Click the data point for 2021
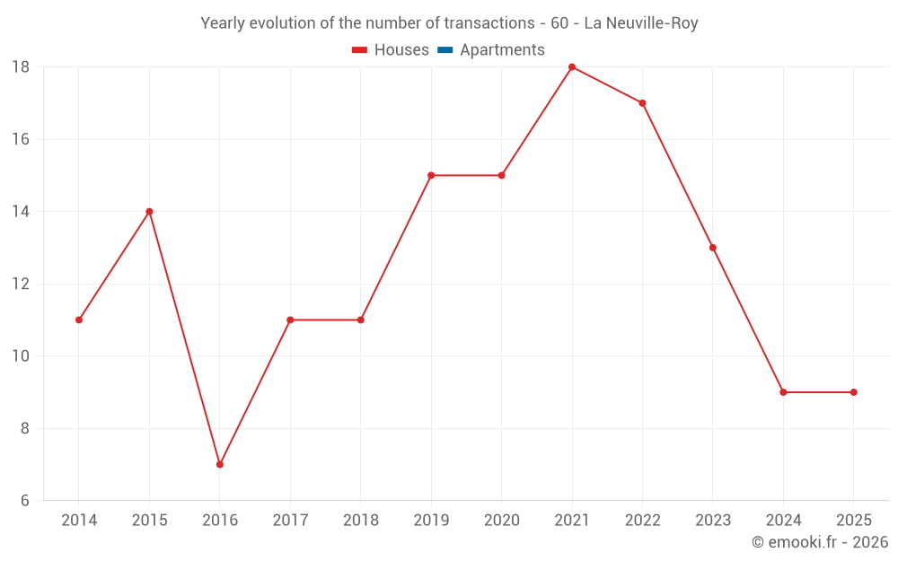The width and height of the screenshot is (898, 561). tap(572, 67)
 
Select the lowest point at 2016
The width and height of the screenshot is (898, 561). tap(220, 464)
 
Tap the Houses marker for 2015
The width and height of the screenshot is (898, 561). tap(149, 212)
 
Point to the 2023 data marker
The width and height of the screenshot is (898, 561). tap(713, 248)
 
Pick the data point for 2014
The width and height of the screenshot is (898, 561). tap(79, 320)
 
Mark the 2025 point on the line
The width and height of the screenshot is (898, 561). tap(853, 392)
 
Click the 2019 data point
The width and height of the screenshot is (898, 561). tap(431, 175)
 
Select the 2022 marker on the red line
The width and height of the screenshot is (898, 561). tap(642, 103)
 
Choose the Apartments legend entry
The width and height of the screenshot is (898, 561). tap(502, 50)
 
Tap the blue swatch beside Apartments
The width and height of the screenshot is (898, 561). tap(445, 50)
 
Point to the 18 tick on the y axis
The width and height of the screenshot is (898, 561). tap(21, 67)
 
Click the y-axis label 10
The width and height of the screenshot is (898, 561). tap(21, 356)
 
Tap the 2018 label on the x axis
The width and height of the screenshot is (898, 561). tap(361, 521)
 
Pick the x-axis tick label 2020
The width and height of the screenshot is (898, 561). tap(501, 521)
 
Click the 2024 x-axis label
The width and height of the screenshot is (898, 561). tap(783, 521)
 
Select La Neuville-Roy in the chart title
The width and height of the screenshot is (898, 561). tap(641, 23)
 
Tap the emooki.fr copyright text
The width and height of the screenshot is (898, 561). tap(820, 542)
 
